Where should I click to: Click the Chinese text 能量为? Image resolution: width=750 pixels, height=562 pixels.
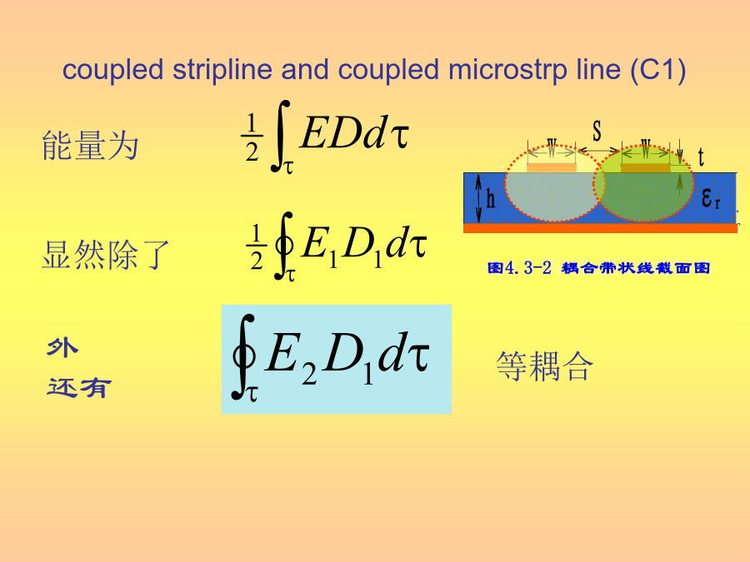[x=90, y=145]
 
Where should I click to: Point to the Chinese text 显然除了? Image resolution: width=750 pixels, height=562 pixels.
[x=106, y=254]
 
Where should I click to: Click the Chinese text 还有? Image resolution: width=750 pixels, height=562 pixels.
[x=79, y=387]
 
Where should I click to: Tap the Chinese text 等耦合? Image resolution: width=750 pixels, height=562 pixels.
[x=545, y=366]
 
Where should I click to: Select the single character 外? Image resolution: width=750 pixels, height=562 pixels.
[x=62, y=347]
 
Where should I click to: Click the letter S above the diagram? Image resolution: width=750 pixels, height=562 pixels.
[x=597, y=131]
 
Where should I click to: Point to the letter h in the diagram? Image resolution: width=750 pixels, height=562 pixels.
[x=491, y=198]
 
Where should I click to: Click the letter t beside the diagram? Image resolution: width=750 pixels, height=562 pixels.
[x=701, y=157]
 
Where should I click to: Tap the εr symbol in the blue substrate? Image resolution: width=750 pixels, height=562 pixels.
[x=711, y=197]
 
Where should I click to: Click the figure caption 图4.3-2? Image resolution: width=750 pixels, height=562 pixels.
[x=519, y=267]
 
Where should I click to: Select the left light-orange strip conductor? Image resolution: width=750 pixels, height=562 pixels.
[x=552, y=167]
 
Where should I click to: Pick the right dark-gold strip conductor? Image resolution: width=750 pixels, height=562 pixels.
[x=646, y=167]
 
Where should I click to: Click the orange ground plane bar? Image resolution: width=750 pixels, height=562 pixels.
[x=600, y=228]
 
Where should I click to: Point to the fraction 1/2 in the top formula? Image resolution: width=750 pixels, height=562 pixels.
[x=252, y=137]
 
